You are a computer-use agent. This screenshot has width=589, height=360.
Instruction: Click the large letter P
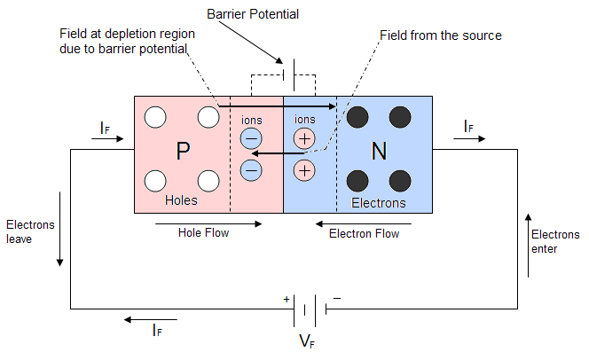(x=183, y=151)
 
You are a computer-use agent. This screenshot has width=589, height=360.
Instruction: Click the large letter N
(x=379, y=151)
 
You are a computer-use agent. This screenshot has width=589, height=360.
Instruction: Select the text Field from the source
(x=440, y=35)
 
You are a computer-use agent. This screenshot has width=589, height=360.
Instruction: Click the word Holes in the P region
(x=182, y=201)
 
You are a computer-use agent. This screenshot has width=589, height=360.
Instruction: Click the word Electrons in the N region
(x=379, y=203)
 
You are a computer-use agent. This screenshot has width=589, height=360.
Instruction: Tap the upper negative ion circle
(x=251, y=137)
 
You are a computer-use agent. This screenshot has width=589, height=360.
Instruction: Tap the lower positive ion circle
(x=304, y=168)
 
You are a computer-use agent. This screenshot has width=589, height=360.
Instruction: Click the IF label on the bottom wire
(x=157, y=331)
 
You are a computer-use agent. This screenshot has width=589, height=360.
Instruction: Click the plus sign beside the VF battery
(x=287, y=300)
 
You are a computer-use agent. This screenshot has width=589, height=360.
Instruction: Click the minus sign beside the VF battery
(x=336, y=299)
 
